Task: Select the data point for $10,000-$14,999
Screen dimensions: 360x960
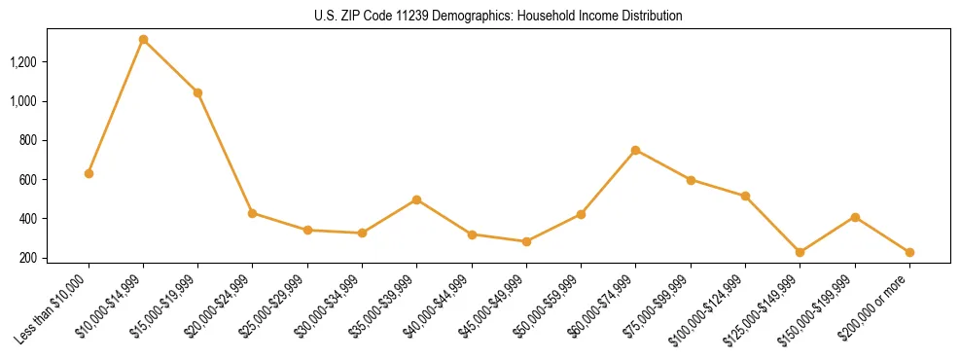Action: pyautogui.click(x=143, y=40)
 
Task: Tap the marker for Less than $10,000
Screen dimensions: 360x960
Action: pyautogui.click(x=89, y=173)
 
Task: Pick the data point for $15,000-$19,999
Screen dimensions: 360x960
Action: pyautogui.click(x=197, y=92)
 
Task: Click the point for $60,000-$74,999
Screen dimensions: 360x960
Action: pyautogui.click(x=635, y=150)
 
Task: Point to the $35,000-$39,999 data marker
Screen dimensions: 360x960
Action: pyautogui.click(x=416, y=199)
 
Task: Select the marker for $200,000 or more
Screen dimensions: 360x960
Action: pyautogui.click(x=909, y=252)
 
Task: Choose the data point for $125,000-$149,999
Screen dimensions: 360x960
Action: pyautogui.click(x=800, y=252)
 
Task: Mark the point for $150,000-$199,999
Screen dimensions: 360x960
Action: pyautogui.click(x=855, y=217)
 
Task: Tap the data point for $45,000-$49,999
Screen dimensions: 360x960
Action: pyautogui.click(x=526, y=241)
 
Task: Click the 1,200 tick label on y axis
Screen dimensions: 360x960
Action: pyautogui.click(x=23, y=62)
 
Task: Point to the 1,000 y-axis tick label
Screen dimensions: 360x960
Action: pyautogui.click(x=23, y=101)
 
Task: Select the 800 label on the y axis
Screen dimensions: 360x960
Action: pyautogui.click(x=28, y=140)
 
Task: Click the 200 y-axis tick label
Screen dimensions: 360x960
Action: pyautogui.click(x=28, y=258)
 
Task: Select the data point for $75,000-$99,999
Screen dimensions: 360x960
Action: pyautogui.click(x=691, y=180)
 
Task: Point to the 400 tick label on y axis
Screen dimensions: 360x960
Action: pyautogui.click(x=28, y=219)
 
